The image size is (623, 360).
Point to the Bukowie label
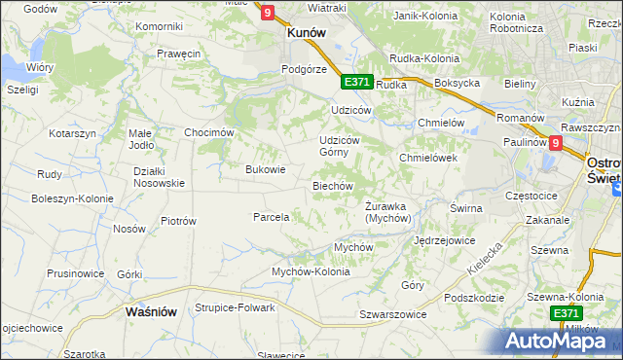(266, 169)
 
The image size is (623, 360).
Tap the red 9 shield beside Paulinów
(555, 143)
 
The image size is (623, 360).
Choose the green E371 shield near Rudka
(356, 82)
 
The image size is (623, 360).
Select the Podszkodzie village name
(472, 298)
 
